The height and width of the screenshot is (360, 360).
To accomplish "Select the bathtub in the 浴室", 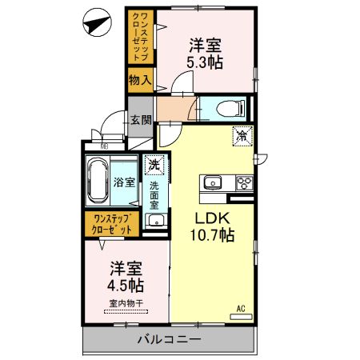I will (x=99, y=182).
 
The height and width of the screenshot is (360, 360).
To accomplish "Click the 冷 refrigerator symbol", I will (x=242, y=137).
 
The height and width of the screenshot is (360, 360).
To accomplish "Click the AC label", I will (x=239, y=307).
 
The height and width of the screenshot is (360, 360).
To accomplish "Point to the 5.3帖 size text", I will (x=206, y=61).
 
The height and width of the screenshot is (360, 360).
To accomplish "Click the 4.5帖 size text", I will (x=126, y=284).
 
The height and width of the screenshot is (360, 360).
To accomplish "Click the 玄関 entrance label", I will (x=141, y=120).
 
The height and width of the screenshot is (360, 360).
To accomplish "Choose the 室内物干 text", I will (x=126, y=303).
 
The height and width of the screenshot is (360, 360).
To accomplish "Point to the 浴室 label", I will (x=124, y=182).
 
